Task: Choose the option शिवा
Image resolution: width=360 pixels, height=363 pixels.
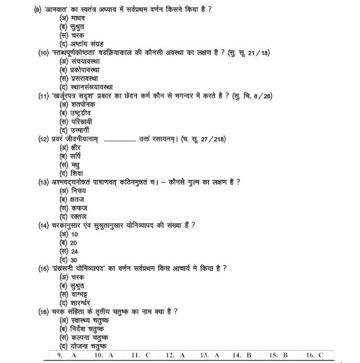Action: (73, 174)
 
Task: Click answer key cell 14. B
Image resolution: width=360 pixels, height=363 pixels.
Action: (241, 356)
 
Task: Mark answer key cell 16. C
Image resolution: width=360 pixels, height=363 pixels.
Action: (313, 356)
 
